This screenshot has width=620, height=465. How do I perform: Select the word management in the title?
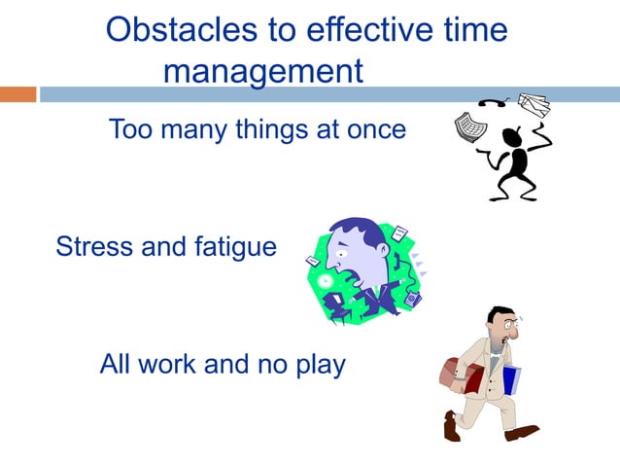[x=262, y=71]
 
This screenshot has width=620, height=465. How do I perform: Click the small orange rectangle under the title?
[x=17, y=94]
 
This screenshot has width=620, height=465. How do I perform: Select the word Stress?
[x=94, y=246]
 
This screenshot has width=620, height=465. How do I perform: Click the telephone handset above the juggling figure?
[x=490, y=103]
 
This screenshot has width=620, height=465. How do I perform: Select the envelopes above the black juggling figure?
[x=534, y=104]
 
